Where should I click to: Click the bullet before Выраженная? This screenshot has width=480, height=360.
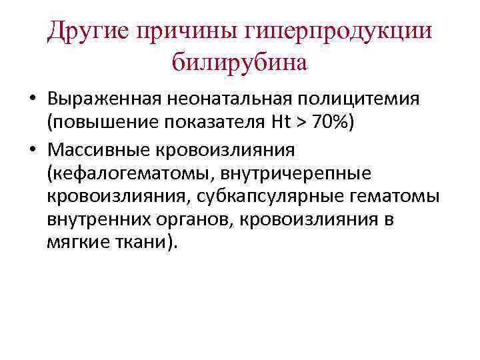click(x=32, y=99)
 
